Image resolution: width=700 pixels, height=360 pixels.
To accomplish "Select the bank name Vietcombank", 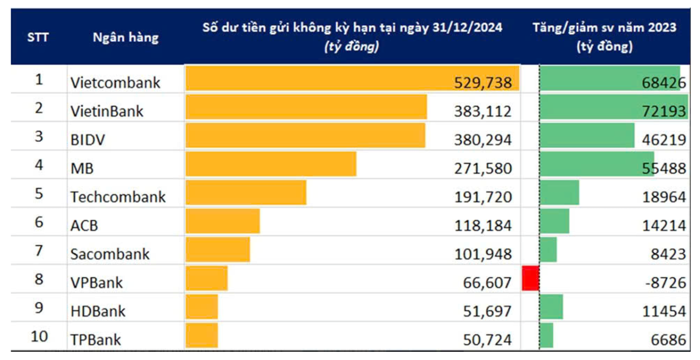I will click(x=115, y=82).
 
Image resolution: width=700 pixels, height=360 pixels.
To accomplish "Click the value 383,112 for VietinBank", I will click(x=482, y=111).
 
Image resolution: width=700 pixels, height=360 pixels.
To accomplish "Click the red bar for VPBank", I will click(x=530, y=278).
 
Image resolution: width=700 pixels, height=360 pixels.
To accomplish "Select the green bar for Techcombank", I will click(x=559, y=193).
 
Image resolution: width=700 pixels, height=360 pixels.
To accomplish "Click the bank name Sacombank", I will click(x=110, y=254).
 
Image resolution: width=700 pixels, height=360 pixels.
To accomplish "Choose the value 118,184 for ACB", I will click(x=482, y=225).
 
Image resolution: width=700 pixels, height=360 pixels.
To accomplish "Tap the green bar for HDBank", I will click(x=552, y=307).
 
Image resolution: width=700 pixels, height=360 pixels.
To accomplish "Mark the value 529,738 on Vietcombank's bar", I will click(x=482, y=83).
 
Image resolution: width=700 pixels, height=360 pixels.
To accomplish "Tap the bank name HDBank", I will click(x=97, y=312).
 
